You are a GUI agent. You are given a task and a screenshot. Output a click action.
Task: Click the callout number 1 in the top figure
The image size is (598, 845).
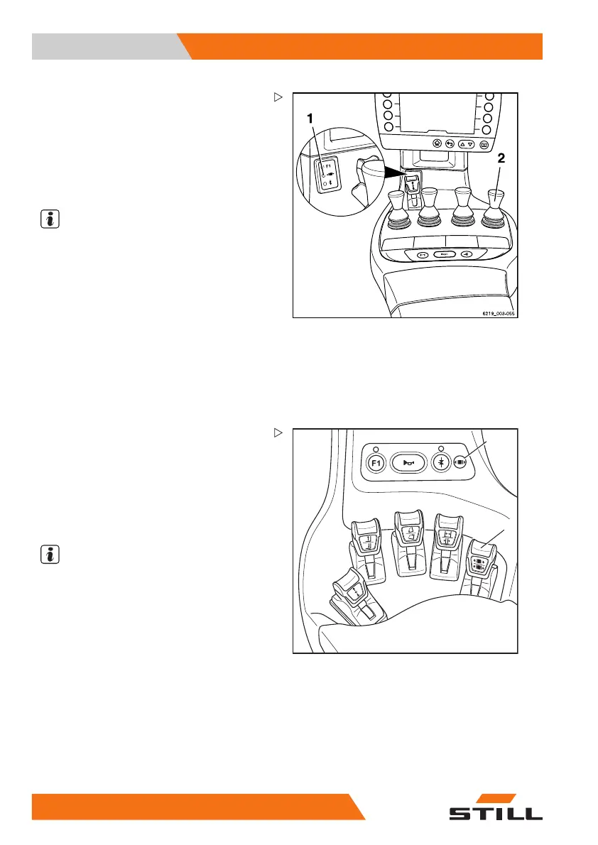(310, 121)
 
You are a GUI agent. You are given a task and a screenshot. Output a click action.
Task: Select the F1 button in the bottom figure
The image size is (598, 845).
(376, 463)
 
